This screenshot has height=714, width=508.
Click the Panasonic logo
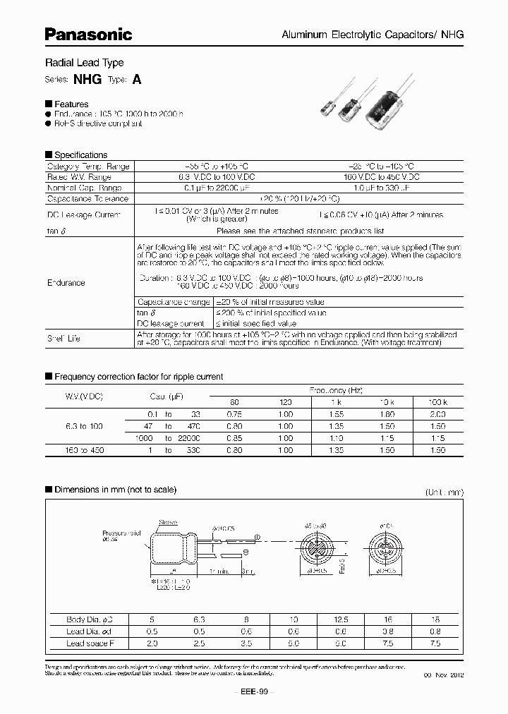pos(88,34)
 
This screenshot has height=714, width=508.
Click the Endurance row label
pos(66,283)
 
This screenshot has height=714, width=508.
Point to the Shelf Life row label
pos(64,338)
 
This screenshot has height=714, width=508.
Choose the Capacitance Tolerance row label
pos(87,199)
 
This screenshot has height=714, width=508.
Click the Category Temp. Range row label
pos(87,167)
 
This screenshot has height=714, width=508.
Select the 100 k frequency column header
pos(439,402)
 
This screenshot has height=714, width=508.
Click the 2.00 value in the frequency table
pos(439,415)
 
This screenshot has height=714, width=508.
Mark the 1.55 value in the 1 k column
pos(337,415)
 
